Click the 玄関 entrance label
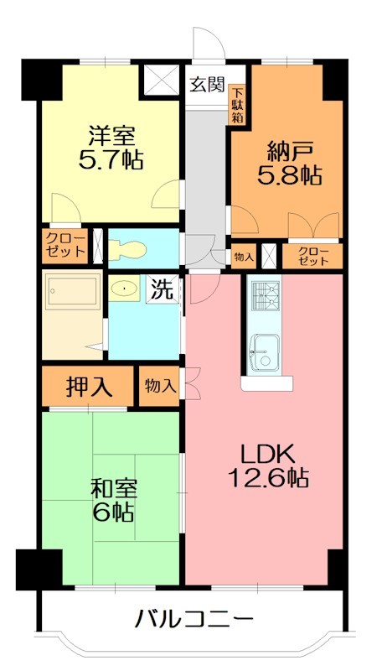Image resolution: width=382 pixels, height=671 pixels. pos(207,86)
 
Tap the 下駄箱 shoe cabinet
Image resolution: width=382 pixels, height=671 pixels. pos(237,105)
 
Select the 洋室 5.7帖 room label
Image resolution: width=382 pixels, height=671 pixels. pos(111,148)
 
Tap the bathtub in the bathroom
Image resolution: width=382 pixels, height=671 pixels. pos(73,291)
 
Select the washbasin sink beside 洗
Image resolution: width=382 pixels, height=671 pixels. pos(124,289)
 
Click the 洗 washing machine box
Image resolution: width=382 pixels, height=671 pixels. pos(163,289)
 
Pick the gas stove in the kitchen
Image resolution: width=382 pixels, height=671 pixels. pos(264,296)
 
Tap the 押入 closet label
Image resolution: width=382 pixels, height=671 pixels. pos(90,387)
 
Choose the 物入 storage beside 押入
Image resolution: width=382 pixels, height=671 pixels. pos(159,387)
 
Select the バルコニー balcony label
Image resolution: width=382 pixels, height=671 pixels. pos(195,619)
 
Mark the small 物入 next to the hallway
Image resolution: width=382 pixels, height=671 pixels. pos(244,257)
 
